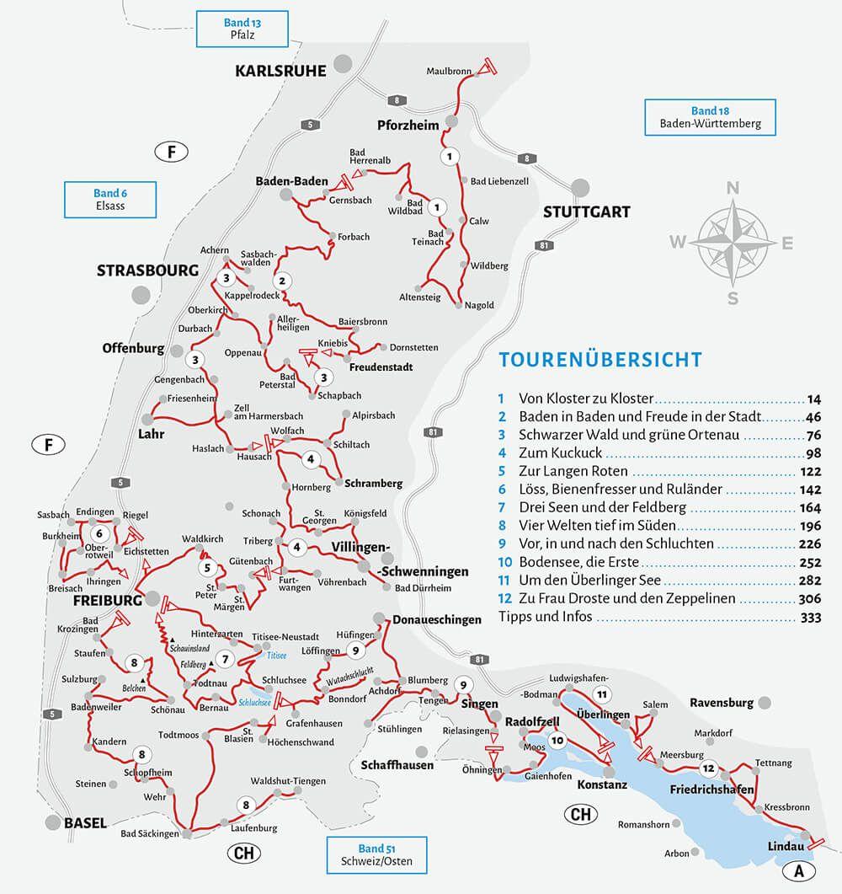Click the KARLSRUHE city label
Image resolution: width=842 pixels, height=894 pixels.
pos(280,72)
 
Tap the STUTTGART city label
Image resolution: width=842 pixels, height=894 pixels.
pos(586,211)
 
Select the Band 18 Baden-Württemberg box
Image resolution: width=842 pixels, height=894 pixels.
pos(710,117)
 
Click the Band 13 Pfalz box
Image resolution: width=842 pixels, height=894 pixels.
pos(242,29)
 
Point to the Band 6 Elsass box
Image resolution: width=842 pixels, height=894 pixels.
pos(110,200)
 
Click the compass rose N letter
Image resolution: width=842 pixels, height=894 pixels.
pos(733,187)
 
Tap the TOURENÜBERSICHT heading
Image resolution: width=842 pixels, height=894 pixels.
pos(600,360)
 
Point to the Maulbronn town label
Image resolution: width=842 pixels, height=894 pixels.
pos(449,72)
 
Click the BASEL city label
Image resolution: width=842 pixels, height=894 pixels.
pos(85,823)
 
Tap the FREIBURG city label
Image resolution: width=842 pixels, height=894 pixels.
pos(106,601)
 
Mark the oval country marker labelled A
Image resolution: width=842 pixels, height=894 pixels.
pos(799,870)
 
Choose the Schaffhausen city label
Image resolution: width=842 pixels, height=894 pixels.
pos(397,765)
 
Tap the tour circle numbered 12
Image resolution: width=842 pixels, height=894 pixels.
pos(709,768)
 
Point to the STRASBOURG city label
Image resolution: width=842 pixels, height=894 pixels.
pos(147,271)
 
